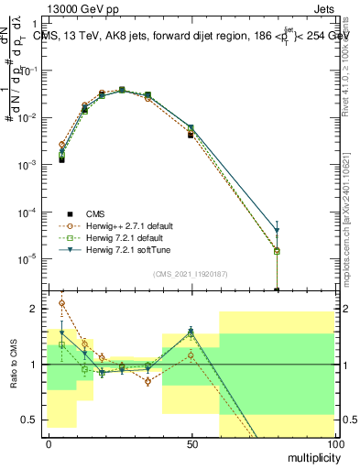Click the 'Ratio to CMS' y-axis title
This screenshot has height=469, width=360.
[x=14, y=365]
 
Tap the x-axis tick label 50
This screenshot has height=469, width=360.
[x=191, y=442]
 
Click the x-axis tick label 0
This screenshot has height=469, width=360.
[x=49, y=442]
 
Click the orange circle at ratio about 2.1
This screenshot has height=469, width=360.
[x=61, y=302]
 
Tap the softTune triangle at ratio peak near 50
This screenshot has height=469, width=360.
[x=191, y=331]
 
